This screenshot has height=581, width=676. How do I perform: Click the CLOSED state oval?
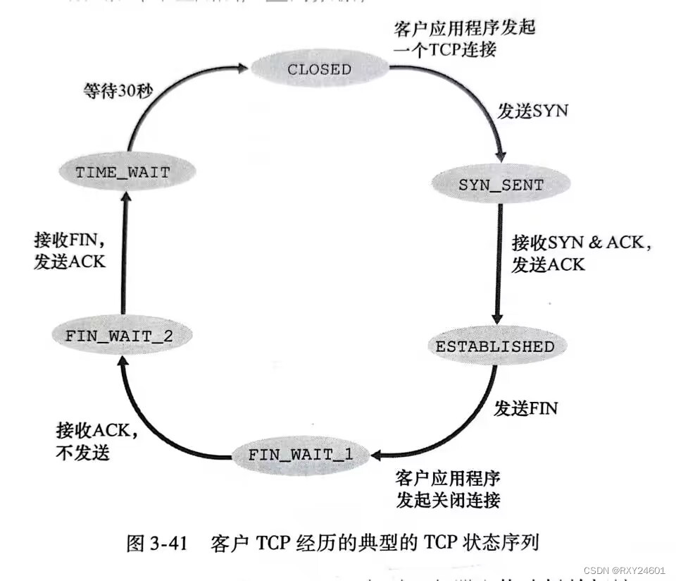319,69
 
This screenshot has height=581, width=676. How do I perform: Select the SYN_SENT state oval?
501,185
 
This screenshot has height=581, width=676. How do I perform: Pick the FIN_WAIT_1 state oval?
300,455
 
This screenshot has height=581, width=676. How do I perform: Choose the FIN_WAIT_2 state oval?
119,336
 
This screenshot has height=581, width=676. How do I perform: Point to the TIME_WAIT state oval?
123,171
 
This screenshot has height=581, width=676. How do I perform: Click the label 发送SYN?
532,111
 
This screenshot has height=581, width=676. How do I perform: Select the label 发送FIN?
525,408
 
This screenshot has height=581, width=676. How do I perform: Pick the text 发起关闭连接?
448,500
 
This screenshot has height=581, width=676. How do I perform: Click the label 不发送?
82,452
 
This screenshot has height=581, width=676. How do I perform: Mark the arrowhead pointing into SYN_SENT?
501,157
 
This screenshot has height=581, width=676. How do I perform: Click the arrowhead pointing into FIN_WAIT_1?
377,454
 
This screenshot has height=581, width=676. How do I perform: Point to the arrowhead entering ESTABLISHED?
499,319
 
